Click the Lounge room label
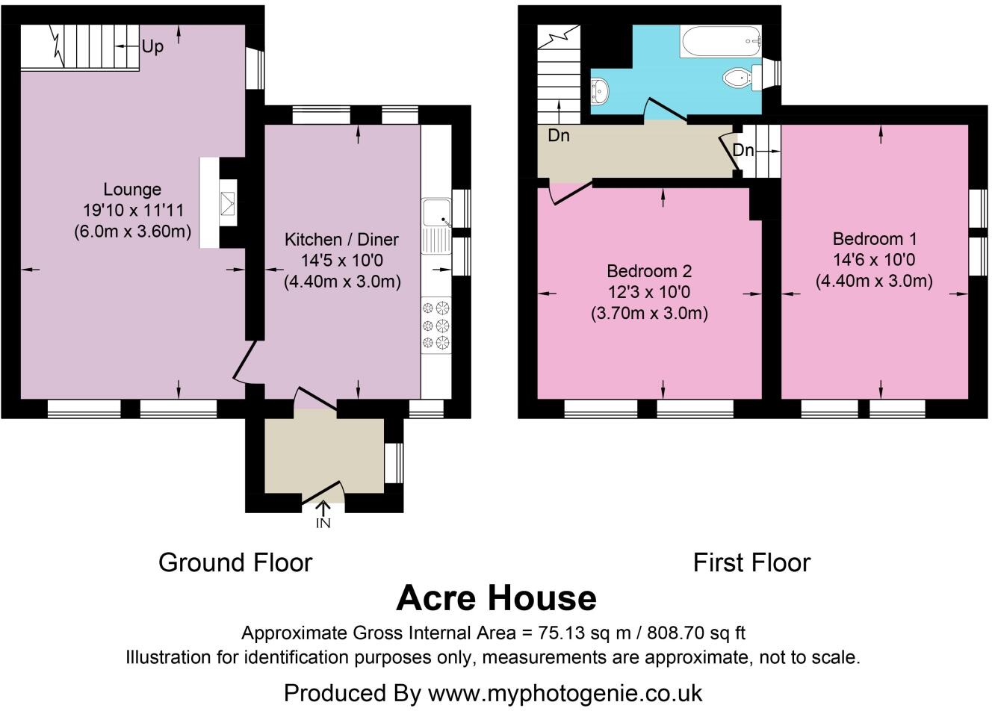[x=132, y=190]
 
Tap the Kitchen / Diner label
[x=341, y=240]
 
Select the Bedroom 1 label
[x=874, y=239]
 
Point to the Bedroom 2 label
[x=649, y=271]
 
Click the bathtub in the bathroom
[x=721, y=41]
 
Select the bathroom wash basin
[x=600, y=91]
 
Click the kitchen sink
[x=436, y=226]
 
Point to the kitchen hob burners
[x=436, y=325]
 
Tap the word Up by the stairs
[x=152, y=47]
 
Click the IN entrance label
[x=323, y=524]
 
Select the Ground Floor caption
[x=235, y=562]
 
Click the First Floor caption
[x=751, y=562]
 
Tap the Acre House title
[x=496, y=598]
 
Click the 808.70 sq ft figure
[x=696, y=633]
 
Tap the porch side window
[x=394, y=463]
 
